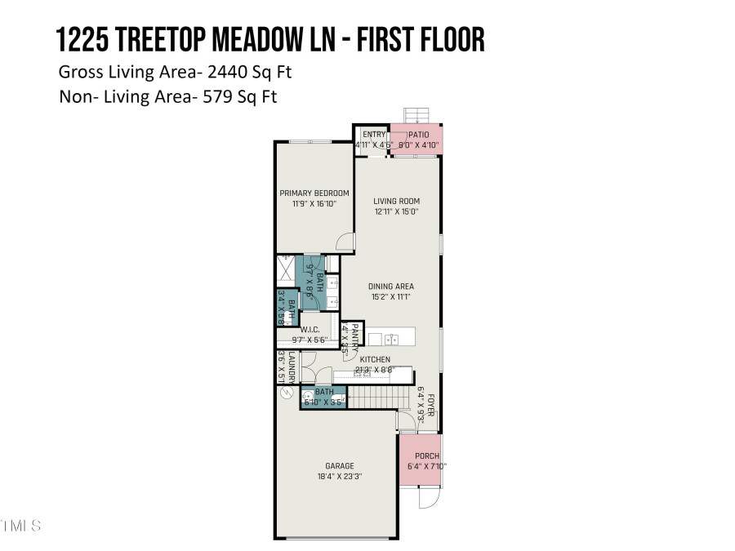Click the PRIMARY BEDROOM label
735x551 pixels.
click(x=314, y=193)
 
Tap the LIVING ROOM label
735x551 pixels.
click(x=396, y=201)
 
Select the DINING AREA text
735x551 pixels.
click(x=391, y=287)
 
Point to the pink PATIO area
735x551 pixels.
click(x=417, y=137)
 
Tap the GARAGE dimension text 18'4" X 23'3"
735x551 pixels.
click(x=340, y=477)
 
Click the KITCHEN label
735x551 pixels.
click(x=376, y=359)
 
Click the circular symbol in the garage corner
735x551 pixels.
click(x=285, y=393)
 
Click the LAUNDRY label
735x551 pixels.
click(x=290, y=366)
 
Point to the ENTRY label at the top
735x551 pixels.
click(x=373, y=135)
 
